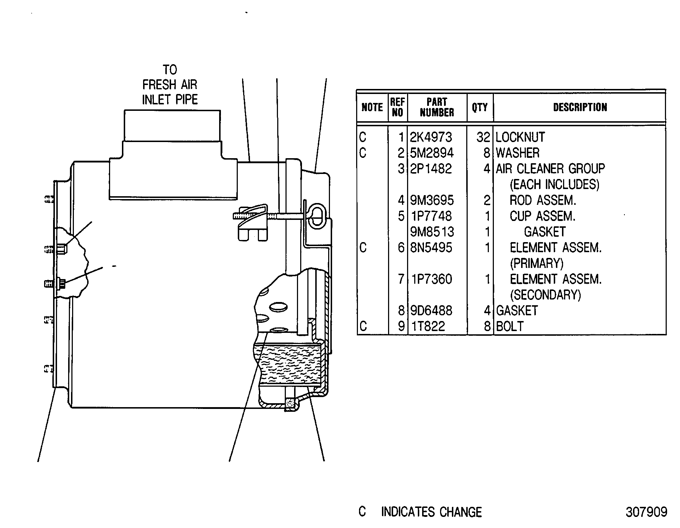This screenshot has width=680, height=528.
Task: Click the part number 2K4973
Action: pos(431,137)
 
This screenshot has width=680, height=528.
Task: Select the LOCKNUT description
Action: pos(520,137)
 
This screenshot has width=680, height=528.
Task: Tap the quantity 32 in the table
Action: pos(483,137)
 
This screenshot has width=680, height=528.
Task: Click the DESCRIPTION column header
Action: pos(580,107)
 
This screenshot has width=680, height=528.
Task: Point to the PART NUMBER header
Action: pos(437,107)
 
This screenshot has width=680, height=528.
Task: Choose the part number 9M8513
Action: pos(432,232)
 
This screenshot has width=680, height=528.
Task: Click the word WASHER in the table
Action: pos(518,153)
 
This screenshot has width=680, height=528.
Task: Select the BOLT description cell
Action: pos(510,326)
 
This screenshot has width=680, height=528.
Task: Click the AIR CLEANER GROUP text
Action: pos(550,169)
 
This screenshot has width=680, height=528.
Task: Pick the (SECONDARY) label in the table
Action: pos(545,295)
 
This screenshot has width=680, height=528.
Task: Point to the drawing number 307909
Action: pos(646,512)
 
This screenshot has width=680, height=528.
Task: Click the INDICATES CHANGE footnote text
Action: pos(431,512)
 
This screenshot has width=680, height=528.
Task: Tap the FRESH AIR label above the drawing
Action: pos(170,85)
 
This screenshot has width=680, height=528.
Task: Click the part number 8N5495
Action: pos(431,247)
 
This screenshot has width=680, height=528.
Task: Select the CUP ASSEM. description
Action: pos(543,216)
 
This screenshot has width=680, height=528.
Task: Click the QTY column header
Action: pos(480,107)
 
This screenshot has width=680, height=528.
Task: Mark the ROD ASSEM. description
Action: pos(543,200)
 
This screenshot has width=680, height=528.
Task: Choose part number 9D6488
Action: pos(431,311)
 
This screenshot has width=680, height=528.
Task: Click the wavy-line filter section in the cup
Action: pos(289,363)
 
